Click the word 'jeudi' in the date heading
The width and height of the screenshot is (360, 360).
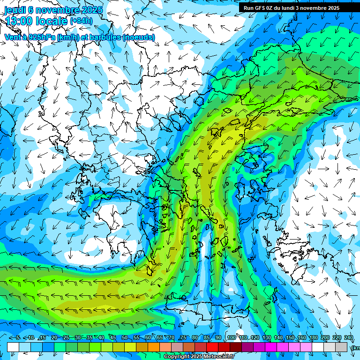(x=16, y=10)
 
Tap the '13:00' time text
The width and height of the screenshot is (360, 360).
(x=18, y=21)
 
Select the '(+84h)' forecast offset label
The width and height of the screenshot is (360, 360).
(x=81, y=21)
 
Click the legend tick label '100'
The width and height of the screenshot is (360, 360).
(x=231, y=338)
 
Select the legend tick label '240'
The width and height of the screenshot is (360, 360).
(x=349, y=338)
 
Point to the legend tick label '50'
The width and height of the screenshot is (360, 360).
(x=124, y=338)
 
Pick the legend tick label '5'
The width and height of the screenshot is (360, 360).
(x=18, y=338)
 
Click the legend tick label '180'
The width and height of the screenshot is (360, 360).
(x=313, y=338)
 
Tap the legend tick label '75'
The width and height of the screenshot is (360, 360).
(x=183, y=338)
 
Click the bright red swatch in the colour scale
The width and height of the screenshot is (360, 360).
(x=212, y=347)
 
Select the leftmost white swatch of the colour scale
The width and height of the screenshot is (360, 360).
(x=13, y=347)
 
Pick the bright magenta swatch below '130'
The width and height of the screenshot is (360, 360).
(x=271, y=347)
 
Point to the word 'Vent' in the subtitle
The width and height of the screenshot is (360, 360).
(x=13, y=37)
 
